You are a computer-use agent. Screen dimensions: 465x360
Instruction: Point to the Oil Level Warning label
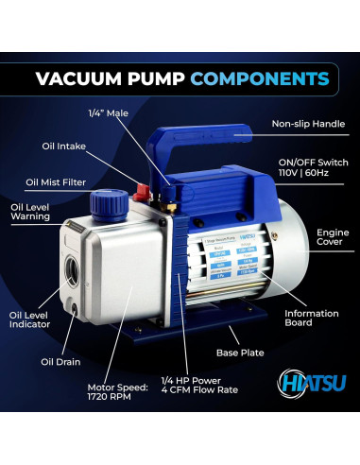coord(32,213)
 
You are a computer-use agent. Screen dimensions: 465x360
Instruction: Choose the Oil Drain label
coord(60,360)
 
